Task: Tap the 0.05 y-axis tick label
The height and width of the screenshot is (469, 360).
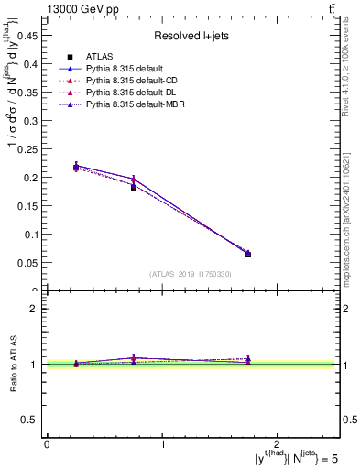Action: coord(29,263)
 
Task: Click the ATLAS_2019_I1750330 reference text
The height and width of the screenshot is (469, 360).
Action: coord(190,274)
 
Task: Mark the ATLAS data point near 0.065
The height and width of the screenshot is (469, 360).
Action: coord(248,255)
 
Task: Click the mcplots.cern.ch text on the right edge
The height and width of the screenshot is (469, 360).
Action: coord(350,211)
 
